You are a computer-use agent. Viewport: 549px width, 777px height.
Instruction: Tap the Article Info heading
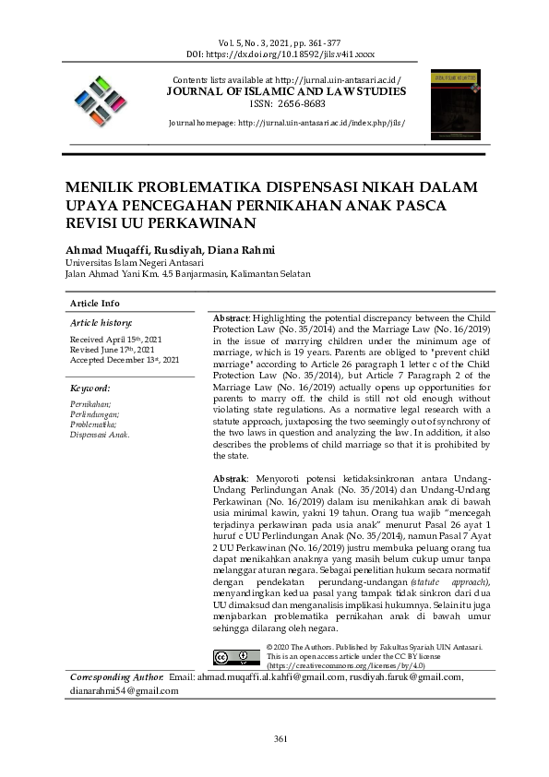click(x=95, y=304)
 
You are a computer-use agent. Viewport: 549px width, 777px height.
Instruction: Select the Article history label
click(x=101, y=323)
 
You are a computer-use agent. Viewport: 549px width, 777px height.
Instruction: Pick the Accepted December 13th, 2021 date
click(x=125, y=359)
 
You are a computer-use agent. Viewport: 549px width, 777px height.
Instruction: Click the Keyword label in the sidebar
click(x=90, y=388)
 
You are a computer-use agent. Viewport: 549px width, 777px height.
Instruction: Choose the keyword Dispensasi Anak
click(x=100, y=435)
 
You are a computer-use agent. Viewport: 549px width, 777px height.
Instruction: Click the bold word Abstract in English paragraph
click(x=231, y=317)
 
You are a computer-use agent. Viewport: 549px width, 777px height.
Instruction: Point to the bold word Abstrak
click(x=230, y=480)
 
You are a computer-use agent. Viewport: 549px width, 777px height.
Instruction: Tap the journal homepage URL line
click(x=286, y=122)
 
